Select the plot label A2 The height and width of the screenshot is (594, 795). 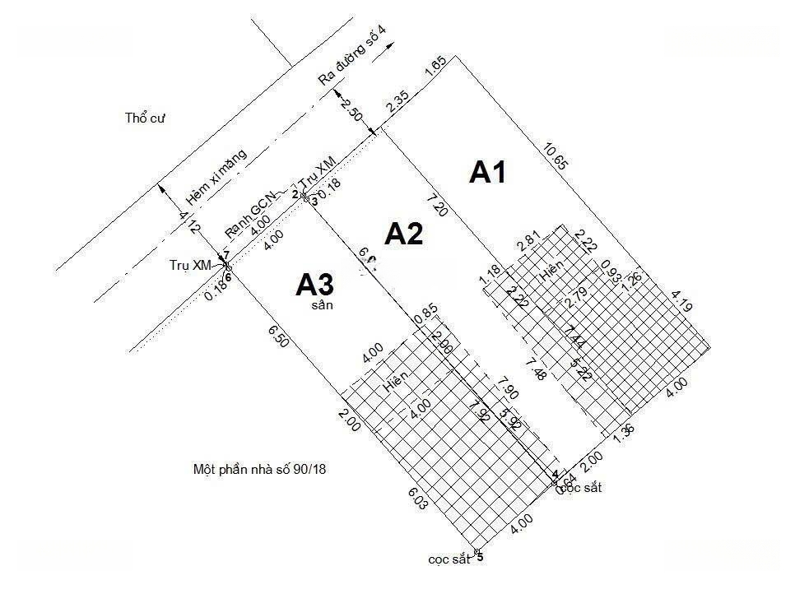[404, 234]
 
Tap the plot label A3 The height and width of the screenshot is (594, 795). [315, 285]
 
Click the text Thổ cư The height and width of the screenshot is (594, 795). [146, 118]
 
